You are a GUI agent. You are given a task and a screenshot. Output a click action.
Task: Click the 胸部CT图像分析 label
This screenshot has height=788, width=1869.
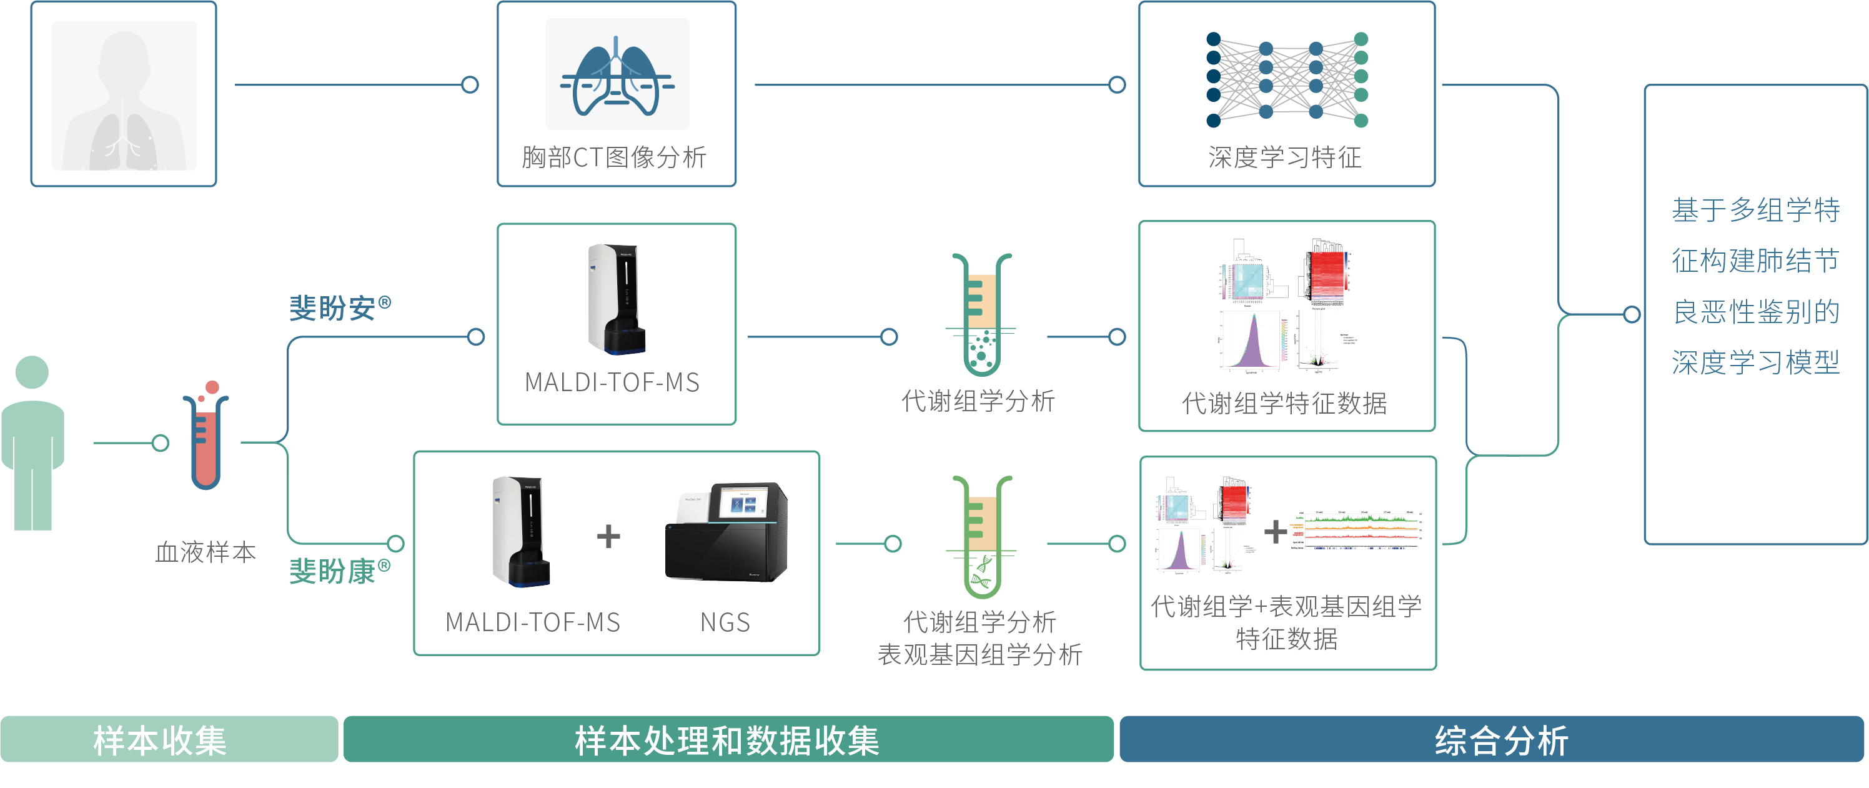pyautogui.click(x=614, y=157)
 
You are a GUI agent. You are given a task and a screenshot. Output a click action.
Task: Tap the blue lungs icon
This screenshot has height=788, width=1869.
pyautogui.click(x=616, y=76)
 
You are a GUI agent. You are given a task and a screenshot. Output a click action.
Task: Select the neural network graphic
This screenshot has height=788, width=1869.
pyautogui.click(x=1286, y=79)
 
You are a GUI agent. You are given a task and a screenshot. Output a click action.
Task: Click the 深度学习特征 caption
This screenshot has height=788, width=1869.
pyautogui.click(x=1285, y=157)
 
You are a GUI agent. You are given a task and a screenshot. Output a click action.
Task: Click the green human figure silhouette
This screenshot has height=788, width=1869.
pyautogui.click(x=32, y=442)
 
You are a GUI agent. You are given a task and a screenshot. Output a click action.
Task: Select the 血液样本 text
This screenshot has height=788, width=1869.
pyautogui.click(x=206, y=552)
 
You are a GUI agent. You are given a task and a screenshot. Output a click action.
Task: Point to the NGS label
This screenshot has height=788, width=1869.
pyautogui.click(x=725, y=622)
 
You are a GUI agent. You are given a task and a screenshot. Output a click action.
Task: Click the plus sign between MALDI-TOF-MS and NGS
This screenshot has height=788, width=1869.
pyautogui.click(x=608, y=536)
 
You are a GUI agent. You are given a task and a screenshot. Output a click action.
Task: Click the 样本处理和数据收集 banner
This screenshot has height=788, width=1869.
pyautogui.click(x=728, y=740)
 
